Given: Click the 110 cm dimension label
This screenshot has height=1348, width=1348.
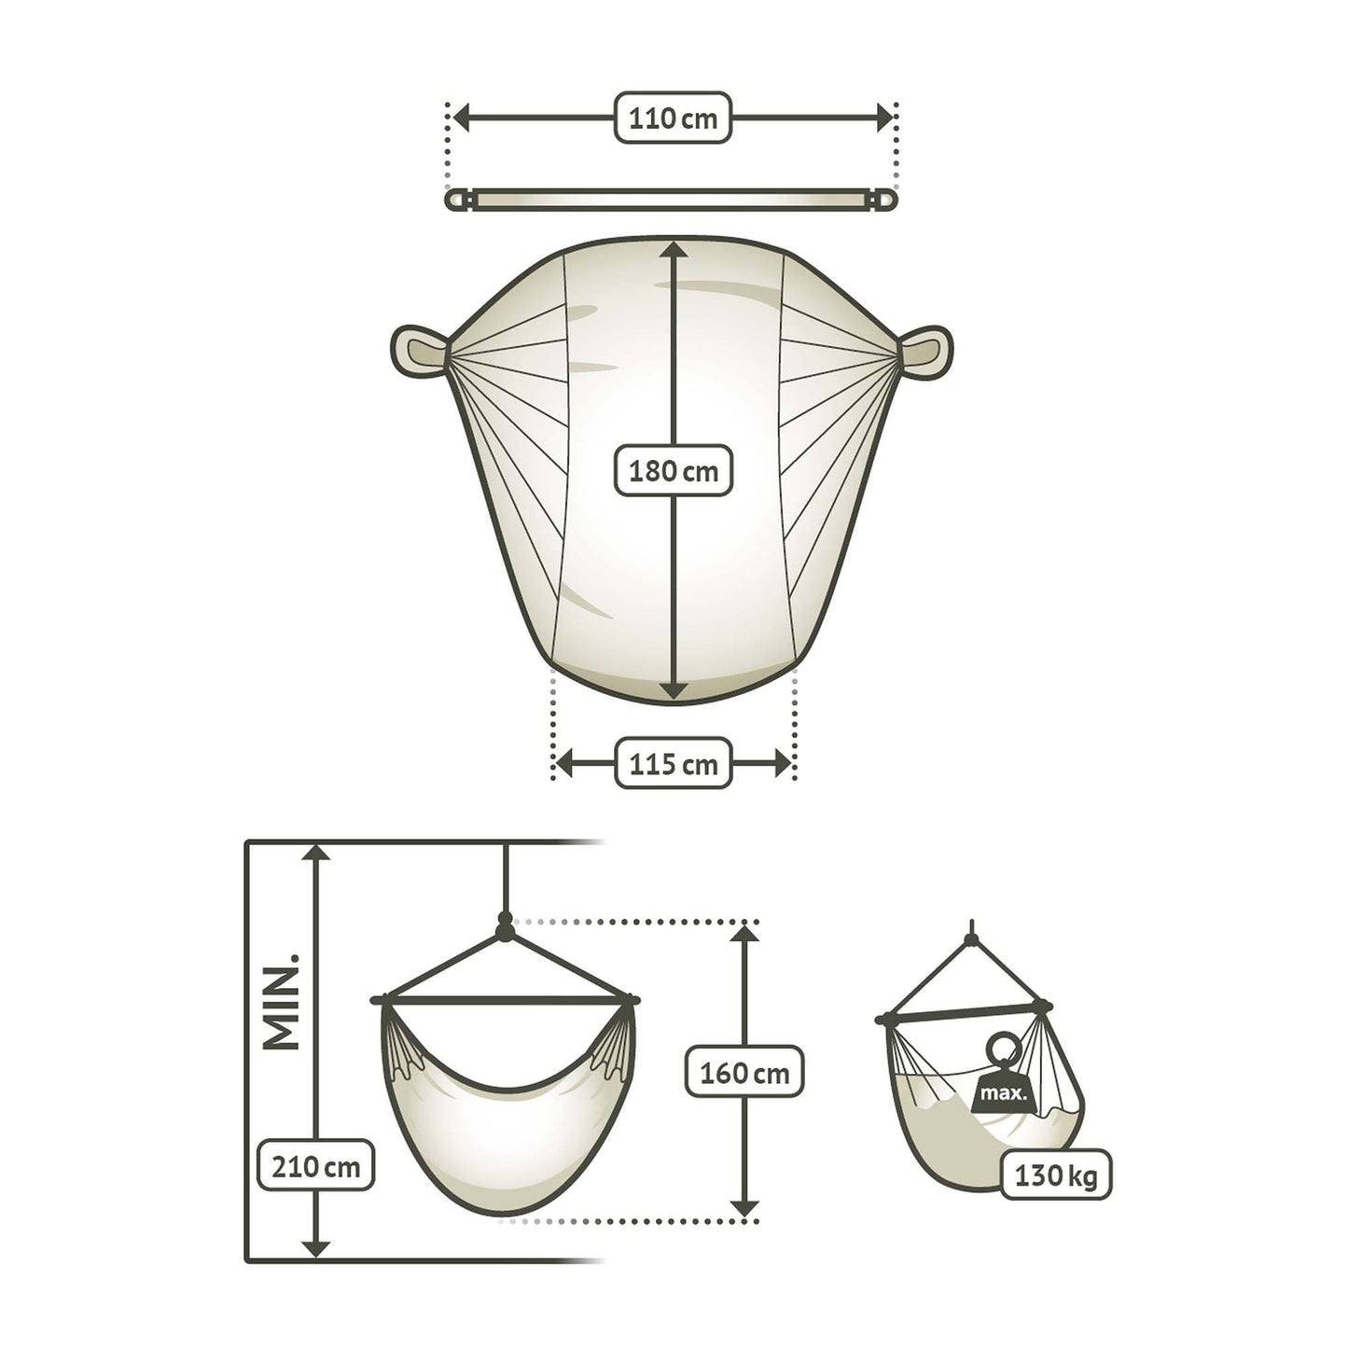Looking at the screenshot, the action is click(x=673, y=118).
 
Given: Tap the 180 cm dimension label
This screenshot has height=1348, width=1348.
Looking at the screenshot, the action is click(x=673, y=471).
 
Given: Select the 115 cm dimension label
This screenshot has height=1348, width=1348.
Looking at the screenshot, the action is click(x=673, y=763).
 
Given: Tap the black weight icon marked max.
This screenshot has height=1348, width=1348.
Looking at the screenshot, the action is click(x=1003, y=1083).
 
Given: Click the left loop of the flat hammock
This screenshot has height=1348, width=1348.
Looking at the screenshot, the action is click(x=420, y=351).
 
